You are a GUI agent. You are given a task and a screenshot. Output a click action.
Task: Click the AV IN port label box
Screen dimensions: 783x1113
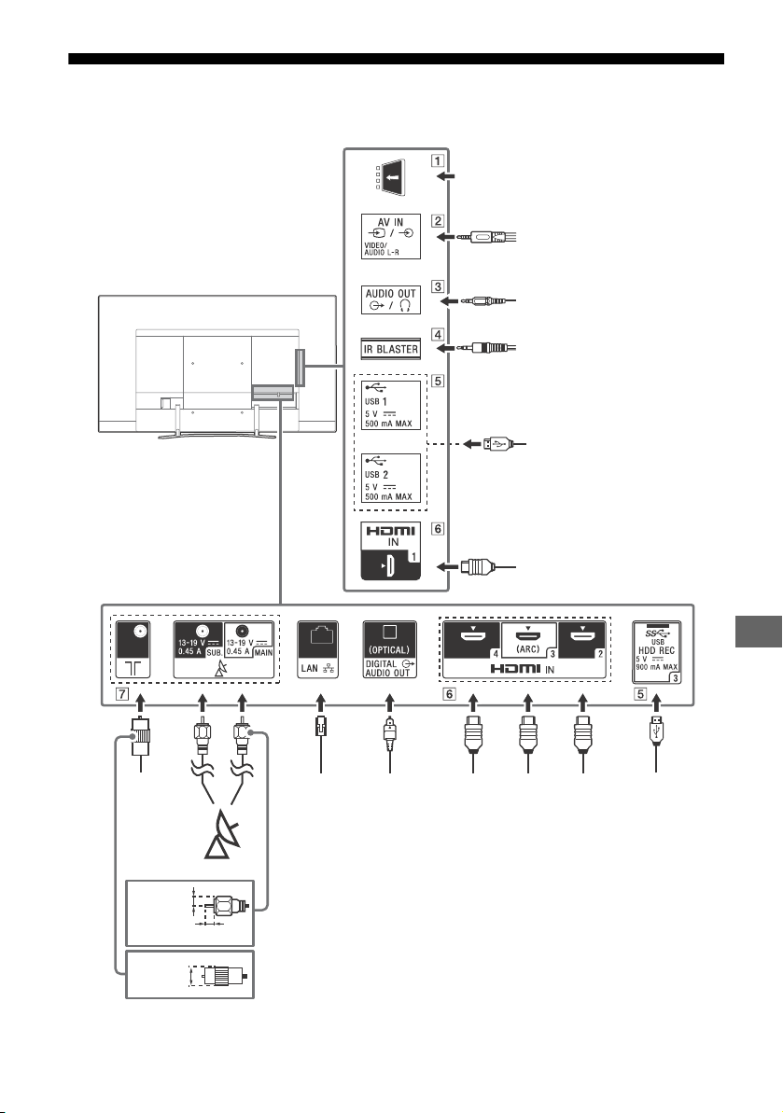click(x=390, y=236)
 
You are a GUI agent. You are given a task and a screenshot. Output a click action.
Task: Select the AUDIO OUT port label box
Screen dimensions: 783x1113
click(x=390, y=299)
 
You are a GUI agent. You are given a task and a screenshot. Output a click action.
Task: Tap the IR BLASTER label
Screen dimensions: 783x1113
click(x=390, y=349)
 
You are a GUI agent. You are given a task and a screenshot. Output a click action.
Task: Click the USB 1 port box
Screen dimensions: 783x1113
click(x=390, y=405)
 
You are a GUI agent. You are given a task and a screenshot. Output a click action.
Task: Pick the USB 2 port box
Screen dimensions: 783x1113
click(x=390, y=478)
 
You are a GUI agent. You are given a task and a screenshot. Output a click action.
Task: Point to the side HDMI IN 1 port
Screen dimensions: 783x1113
click(x=390, y=550)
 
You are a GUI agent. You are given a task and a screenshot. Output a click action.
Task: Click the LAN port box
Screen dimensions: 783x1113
click(x=318, y=650)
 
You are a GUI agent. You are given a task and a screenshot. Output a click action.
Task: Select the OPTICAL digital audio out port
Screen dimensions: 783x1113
click(x=390, y=650)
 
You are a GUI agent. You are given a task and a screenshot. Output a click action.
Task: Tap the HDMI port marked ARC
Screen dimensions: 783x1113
click(x=528, y=639)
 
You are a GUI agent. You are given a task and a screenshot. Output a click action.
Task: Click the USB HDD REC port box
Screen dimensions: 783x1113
click(x=657, y=652)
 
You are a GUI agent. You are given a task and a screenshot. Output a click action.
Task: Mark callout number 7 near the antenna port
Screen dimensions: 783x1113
click(x=123, y=694)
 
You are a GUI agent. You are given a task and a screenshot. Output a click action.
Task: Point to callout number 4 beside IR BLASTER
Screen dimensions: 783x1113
click(x=438, y=334)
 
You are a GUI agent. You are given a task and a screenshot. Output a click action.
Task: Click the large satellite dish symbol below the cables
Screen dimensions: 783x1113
click(x=221, y=839)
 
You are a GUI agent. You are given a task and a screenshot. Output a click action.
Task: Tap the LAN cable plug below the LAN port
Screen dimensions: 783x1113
click(x=321, y=729)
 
